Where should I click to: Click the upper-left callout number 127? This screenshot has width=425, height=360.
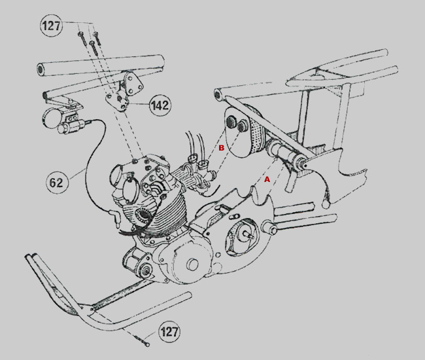coord(51,26)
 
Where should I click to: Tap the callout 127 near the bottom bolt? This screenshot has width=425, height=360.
coord(169,332)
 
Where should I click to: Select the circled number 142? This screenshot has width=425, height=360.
coord(160,105)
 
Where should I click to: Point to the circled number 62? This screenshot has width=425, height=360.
coord(57,183)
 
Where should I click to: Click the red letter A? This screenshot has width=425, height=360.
coord(267,179)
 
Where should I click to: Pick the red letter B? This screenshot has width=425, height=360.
coord(222,148)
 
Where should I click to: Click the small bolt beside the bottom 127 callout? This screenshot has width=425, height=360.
coord(142,341)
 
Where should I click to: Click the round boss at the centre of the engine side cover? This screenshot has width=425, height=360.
coord(192,264)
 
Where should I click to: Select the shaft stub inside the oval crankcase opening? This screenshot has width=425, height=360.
coord(248,234)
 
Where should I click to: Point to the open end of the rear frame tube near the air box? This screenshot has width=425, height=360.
coord(218,94)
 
